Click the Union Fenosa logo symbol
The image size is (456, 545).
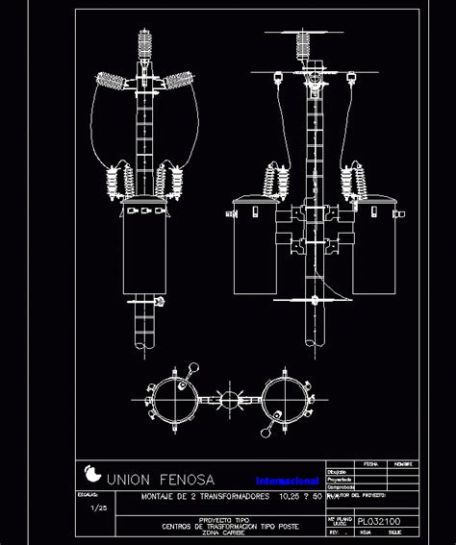(x=92, y=475)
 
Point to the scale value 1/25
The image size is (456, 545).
(x=98, y=507)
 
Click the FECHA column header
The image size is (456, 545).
(x=369, y=463)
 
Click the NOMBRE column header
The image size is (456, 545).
(x=403, y=463)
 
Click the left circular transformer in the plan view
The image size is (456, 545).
(x=174, y=398)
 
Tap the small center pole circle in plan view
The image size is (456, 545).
(x=231, y=398)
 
